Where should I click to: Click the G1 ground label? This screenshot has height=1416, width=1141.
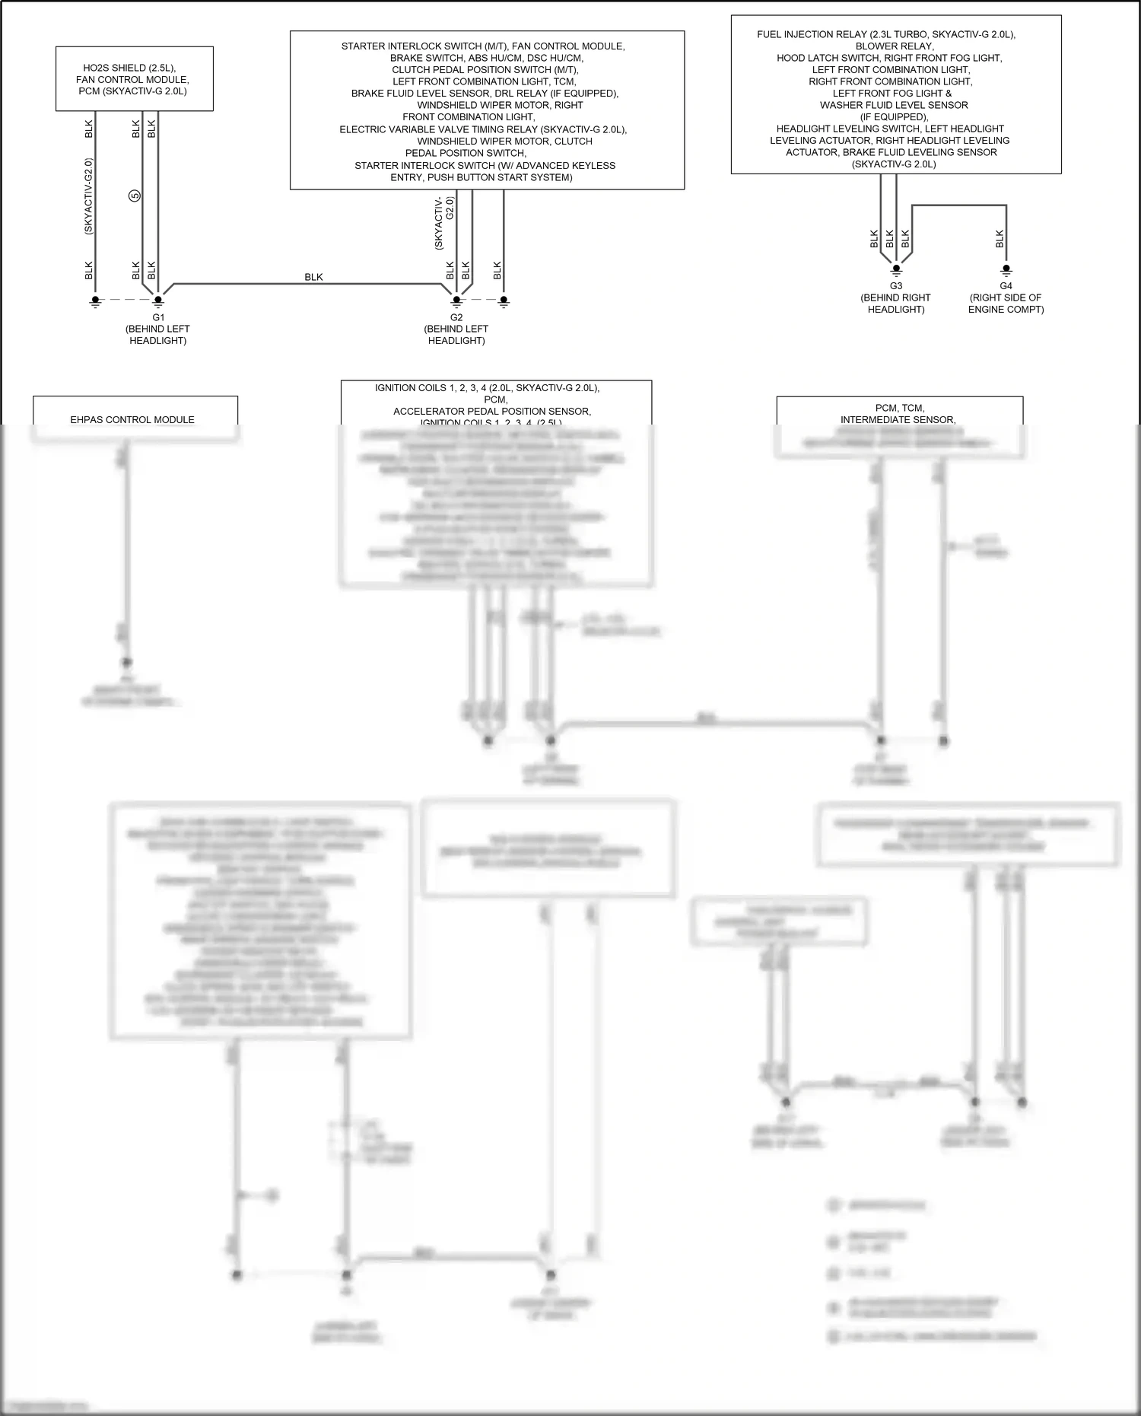click(x=158, y=317)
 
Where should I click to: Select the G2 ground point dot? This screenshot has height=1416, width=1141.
click(x=456, y=301)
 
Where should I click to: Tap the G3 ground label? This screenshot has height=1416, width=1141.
click(x=896, y=286)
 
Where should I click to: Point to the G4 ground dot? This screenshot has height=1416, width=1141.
click(x=1006, y=269)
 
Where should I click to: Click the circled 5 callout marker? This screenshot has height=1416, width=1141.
click(x=135, y=196)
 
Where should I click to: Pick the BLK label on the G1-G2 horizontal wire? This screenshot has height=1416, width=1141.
click(x=313, y=277)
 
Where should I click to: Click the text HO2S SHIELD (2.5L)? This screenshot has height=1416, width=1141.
click(x=135, y=68)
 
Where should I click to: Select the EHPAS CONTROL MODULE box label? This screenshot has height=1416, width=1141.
click(x=132, y=419)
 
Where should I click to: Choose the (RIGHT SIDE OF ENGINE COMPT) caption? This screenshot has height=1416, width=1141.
click(x=1006, y=304)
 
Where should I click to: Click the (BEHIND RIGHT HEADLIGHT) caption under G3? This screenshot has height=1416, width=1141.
click(x=896, y=304)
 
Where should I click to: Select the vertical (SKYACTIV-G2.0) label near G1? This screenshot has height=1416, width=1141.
click(x=89, y=196)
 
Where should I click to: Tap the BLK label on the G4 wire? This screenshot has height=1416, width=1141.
click(x=1000, y=239)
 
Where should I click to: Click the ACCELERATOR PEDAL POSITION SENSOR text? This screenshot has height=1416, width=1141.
click(x=492, y=411)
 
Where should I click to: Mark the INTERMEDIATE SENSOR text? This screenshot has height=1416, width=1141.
click(x=898, y=419)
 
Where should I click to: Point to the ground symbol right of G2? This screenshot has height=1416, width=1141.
click(x=504, y=302)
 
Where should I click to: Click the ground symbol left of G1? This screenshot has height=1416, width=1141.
click(x=95, y=302)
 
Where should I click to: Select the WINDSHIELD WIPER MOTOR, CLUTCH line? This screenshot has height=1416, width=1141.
click(x=504, y=141)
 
